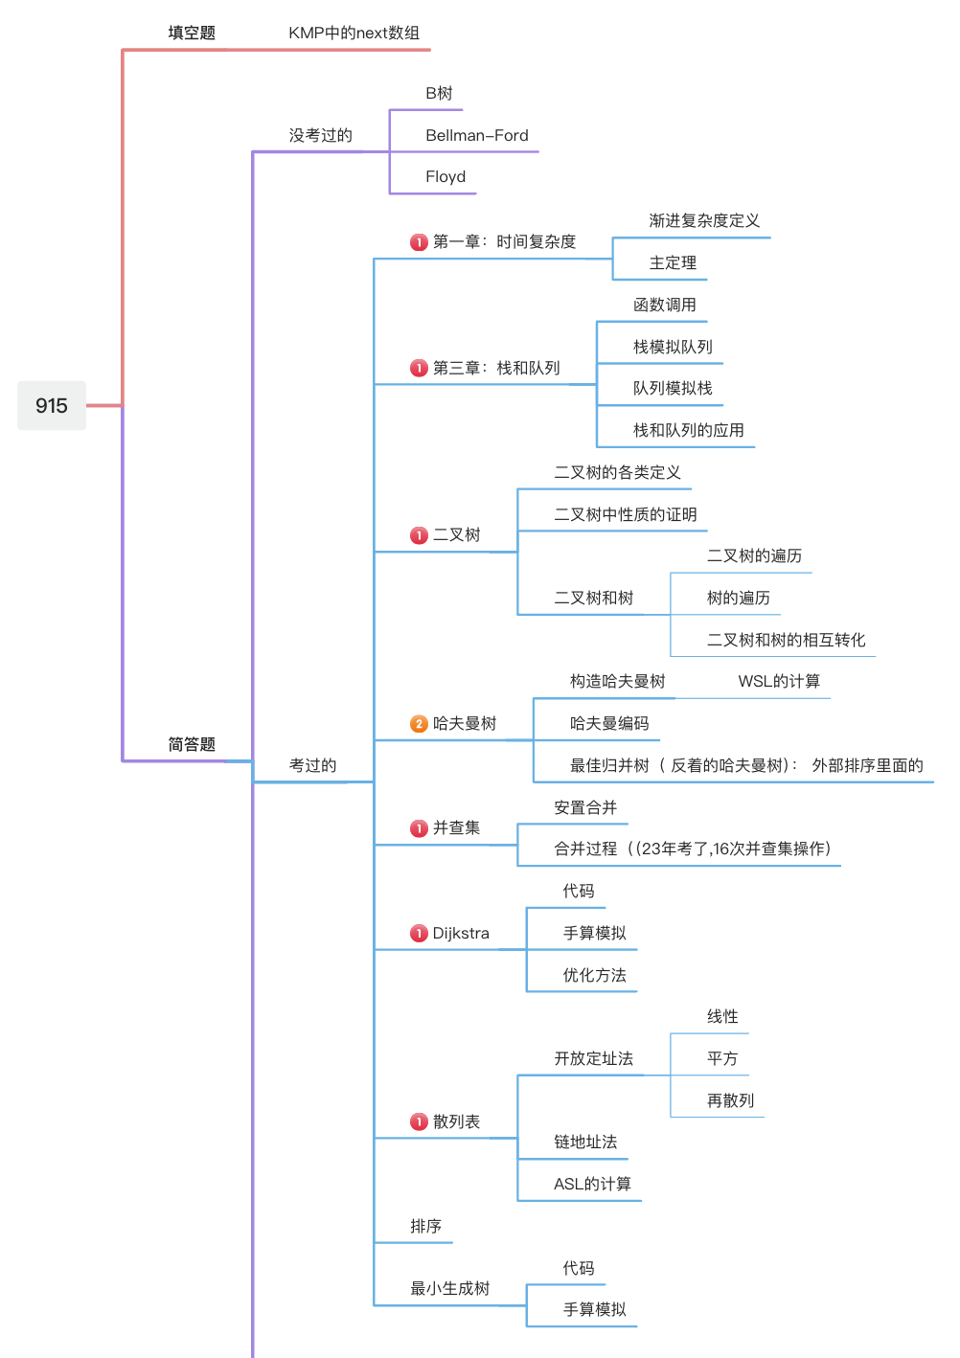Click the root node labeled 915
pyautogui.click(x=52, y=405)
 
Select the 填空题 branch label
pyautogui.click(x=192, y=33)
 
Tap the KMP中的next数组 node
pyautogui.click(x=354, y=33)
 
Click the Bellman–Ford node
pyautogui.click(x=477, y=135)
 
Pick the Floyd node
pyautogui.click(x=446, y=176)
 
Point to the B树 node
pyautogui.click(x=439, y=93)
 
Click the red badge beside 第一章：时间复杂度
pyautogui.click(x=419, y=242)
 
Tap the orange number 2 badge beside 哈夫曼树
pyautogui.click(x=419, y=724)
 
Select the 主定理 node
pyautogui.click(x=673, y=262)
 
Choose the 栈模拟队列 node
pyautogui.click(x=673, y=347)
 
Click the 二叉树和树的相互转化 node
pyautogui.click(x=786, y=640)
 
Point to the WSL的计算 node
pyautogui.click(x=779, y=681)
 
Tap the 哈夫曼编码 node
pyautogui.click(x=609, y=723)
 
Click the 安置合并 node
pyautogui.click(x=585, y=807)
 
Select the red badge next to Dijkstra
pyautogui.click(x=419, y=934)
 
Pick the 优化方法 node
pyautogui.click(x=594, y=975)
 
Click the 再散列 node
pyautogui.click(x=730, y=1100)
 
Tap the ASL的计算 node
pyautogui.click(x=592, y=1184)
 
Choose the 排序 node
pyautogui.click(x=425, y=1226)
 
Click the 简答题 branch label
pyautogui.click(x=192, y=744)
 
